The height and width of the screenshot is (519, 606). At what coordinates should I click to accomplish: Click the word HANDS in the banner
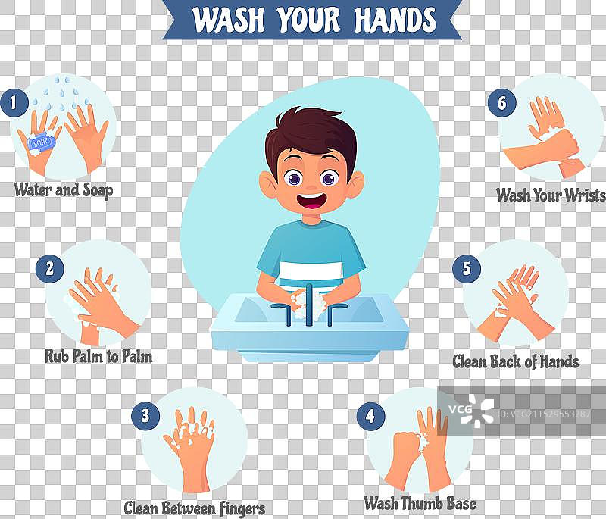[x=395, y=20]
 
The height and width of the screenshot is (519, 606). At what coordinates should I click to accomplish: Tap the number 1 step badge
[x=14, y=103]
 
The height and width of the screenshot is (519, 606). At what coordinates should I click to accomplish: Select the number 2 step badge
[x=50, y=268]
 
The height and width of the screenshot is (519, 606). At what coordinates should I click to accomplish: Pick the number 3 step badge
[x=145, y=416]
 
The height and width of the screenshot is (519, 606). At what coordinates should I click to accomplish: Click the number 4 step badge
[x=370, y=416]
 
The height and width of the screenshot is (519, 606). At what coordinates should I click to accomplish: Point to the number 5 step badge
[x=467, y=268]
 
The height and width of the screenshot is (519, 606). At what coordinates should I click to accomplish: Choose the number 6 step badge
[x=502, y=103]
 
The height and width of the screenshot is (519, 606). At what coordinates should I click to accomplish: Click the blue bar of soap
[x=42, y=142]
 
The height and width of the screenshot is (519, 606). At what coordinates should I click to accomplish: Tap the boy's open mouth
[x=311, y=201]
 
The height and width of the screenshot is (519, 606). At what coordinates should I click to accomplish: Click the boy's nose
[x=311, y=186]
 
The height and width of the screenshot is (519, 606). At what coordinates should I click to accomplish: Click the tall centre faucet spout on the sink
[x=309, y=305]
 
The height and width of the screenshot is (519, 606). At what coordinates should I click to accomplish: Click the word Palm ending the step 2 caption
[x=138, y=356]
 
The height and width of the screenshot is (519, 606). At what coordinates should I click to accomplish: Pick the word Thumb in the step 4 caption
[x=420, y=504]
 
